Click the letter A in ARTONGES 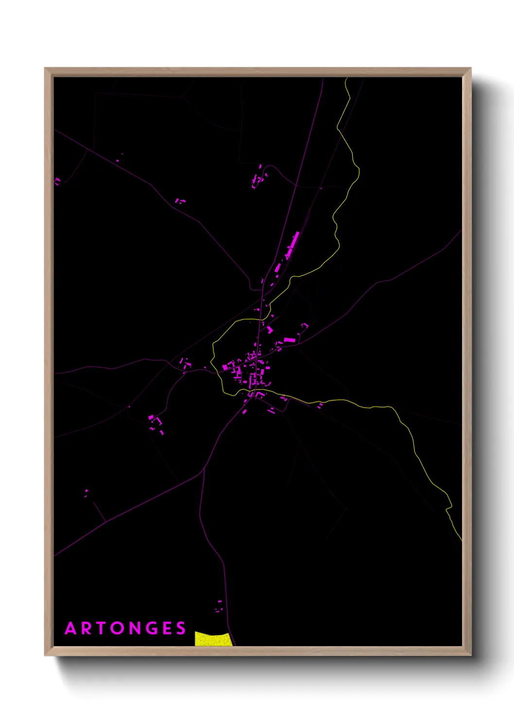(71, 629)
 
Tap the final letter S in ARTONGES (181, 629)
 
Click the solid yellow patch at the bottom (213, 639)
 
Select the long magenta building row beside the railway (292, 245)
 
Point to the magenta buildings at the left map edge (57, 181)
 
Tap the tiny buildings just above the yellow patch (219, 606)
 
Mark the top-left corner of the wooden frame (45, 68)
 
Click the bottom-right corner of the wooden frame (470, 655)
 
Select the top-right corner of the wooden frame (470, 68)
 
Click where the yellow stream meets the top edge (346, 79)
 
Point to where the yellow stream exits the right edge (461, 539)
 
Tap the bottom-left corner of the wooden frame (45, 655)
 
